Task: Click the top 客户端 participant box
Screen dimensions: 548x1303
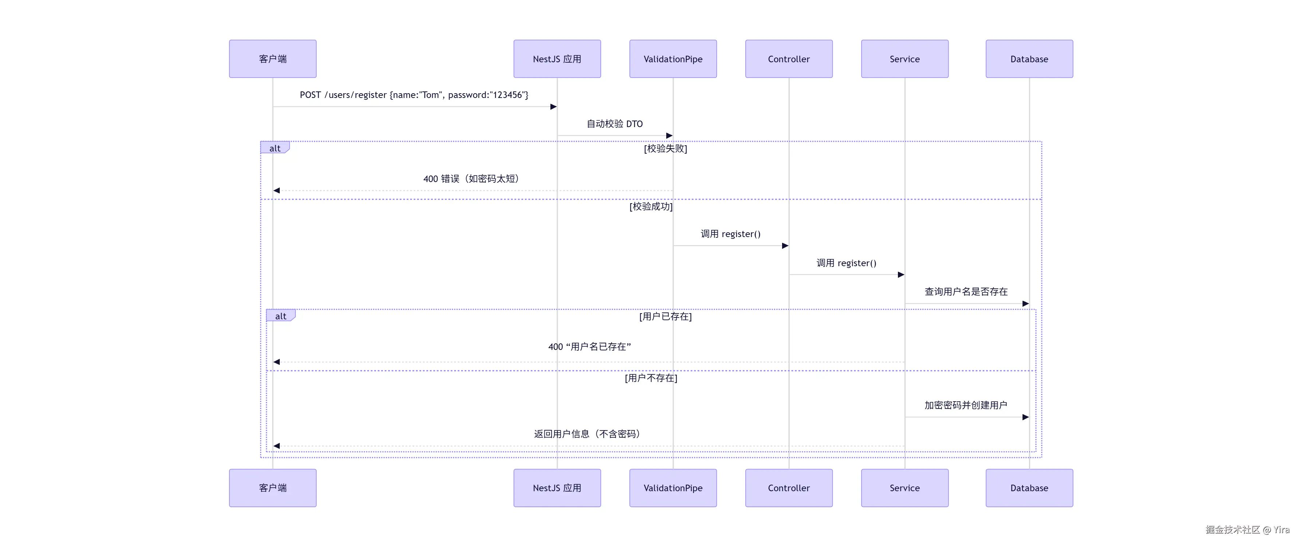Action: pos(272,59)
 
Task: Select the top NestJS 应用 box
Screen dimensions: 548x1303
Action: pos(557,59)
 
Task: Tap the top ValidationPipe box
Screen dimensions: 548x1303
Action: pos(673,59)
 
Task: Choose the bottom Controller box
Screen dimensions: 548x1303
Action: pos(789,488)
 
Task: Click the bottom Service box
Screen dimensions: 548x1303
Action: pos(904,488)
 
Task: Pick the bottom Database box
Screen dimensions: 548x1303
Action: pos(1029,488)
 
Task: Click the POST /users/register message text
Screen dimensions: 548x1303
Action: pos(414,95)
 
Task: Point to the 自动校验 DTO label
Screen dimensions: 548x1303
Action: pos(615,124)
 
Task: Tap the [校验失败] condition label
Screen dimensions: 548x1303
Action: pos(665,149)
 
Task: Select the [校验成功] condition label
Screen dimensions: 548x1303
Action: pos(651,206)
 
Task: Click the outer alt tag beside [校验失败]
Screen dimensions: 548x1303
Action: pos(275,148)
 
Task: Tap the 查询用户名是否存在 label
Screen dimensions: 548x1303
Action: pos(966,292)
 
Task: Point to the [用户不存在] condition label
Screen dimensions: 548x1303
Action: pos(651,378)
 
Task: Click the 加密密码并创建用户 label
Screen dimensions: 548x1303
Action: pos(966,405)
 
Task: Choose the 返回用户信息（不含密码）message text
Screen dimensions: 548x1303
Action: pos(587,434)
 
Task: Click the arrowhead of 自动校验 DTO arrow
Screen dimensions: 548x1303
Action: pos(669,135)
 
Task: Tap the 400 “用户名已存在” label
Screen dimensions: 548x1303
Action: pos(589,347)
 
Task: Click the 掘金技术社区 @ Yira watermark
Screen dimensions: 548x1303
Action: pos(1247,529)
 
